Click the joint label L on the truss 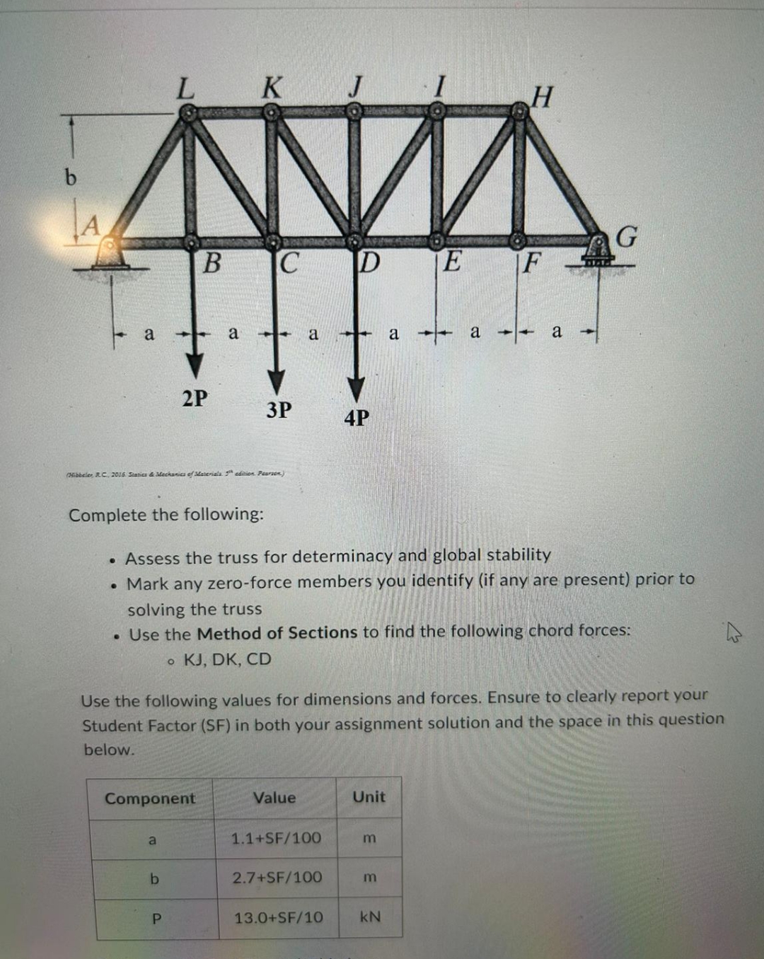(185, 89)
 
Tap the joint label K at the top (271, 88)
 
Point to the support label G (627, 237)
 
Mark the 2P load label (195, 398)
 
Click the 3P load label (279, 409)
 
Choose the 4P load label (357, 418)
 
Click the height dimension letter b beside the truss (70, 177)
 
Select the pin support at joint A (110, 252)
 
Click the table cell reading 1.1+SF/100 (276, 838)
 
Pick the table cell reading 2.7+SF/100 (277, 878)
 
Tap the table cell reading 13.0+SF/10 (279, 918)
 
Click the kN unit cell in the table (370, 917)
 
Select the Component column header (150, 798)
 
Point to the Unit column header (369, 797)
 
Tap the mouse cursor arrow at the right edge (734, 632)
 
